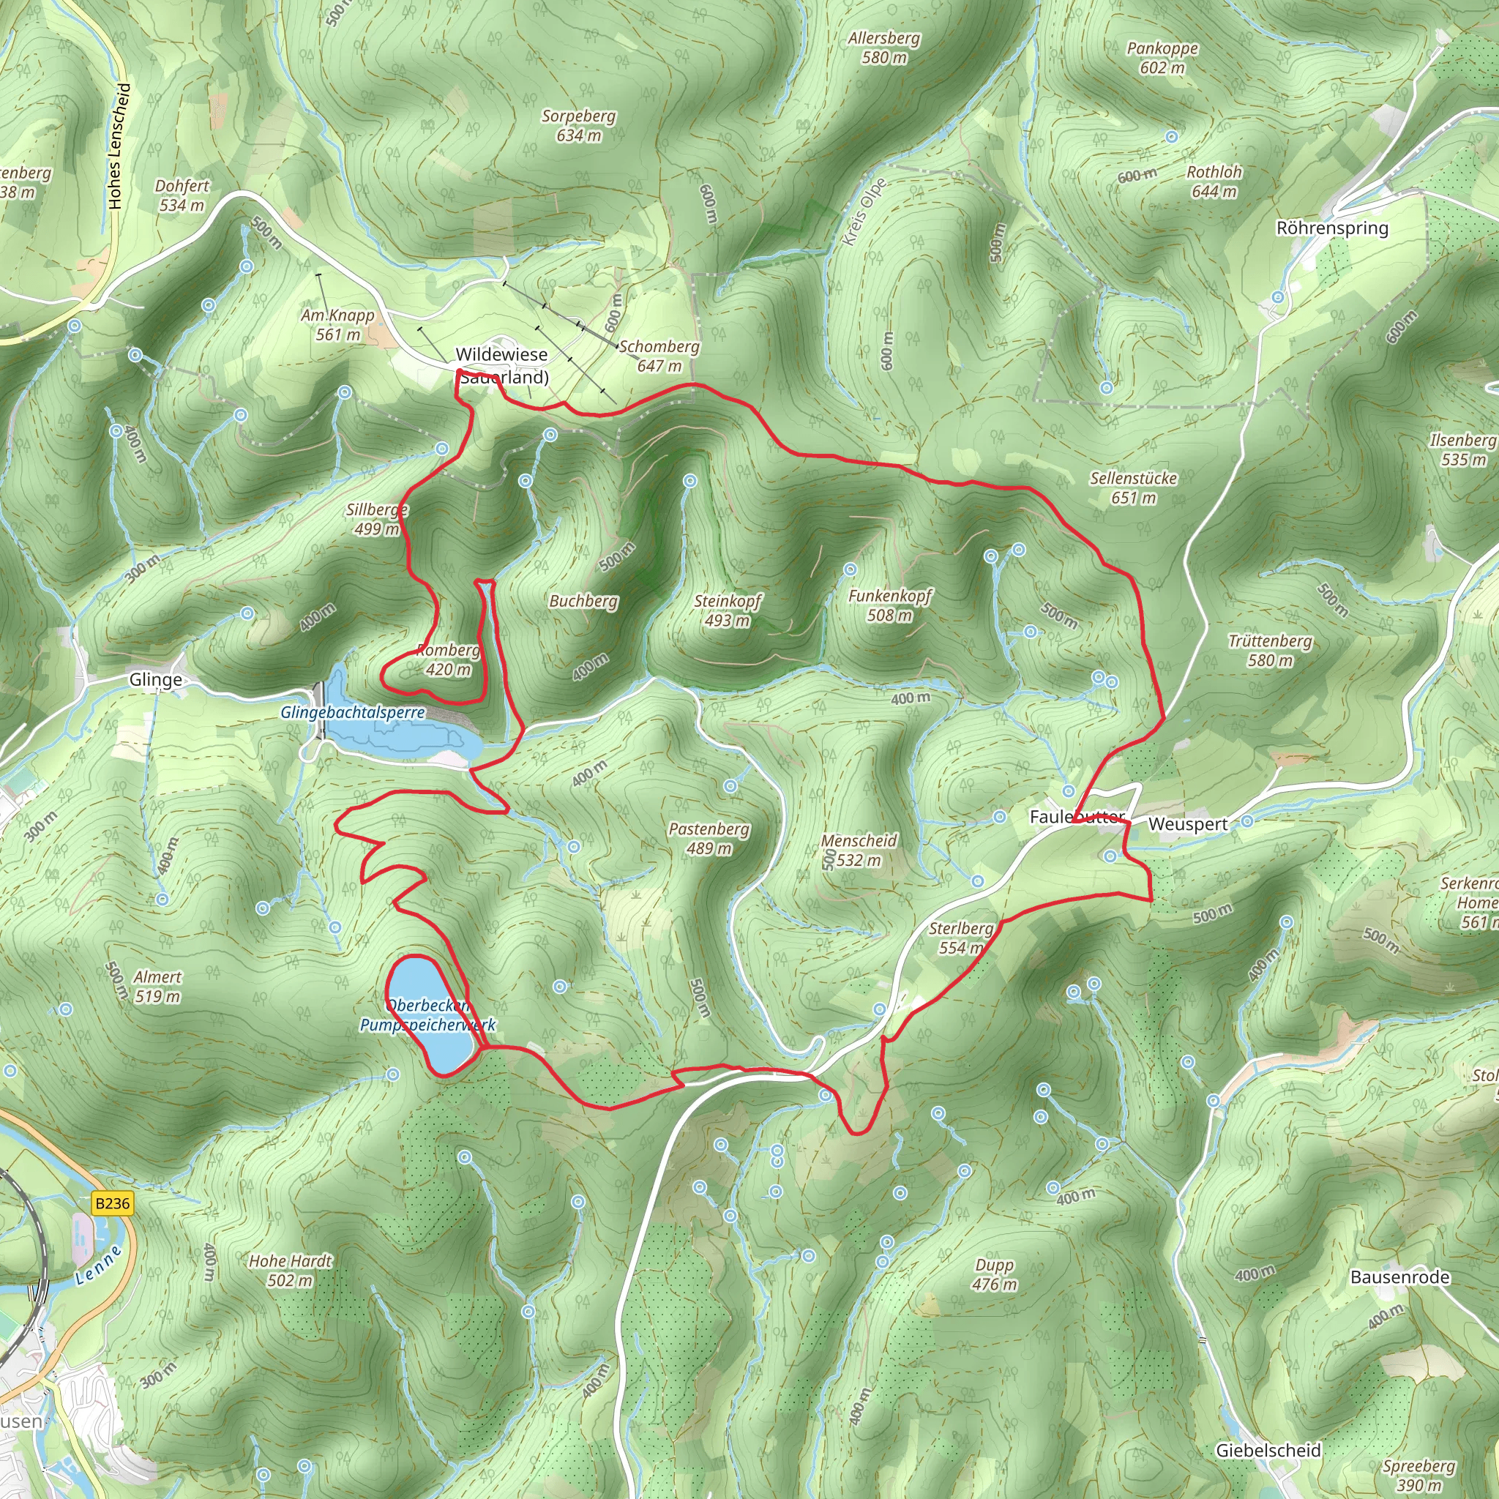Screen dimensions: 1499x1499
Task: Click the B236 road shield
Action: (112, 1203)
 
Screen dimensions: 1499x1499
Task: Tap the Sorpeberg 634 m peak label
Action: (579, 126)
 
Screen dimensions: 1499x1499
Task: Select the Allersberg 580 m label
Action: (883, 48)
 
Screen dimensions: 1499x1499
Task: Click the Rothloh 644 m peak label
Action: (1214, 182)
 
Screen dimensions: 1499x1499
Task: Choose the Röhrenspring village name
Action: (1332, 228)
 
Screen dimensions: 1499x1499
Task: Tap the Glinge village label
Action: (156, 680)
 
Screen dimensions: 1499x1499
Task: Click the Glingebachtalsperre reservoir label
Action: (352, 712)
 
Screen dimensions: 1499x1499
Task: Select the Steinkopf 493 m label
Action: (728, 610)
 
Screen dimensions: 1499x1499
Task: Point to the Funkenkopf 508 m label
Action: (890, 605)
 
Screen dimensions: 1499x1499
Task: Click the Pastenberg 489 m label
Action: (709, 838)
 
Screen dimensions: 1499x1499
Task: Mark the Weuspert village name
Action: (1188, 824)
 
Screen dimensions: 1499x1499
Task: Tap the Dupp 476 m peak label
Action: (994, 1274)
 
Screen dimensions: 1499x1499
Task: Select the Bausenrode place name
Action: (1399, 1276)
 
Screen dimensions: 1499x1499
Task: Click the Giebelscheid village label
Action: (1268, 1449)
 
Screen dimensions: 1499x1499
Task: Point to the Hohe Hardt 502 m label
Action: (290, 1271)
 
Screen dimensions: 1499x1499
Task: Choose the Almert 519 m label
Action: (157, 986)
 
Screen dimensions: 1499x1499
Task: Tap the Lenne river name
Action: (100, 1266)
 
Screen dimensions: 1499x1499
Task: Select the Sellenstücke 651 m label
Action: (1134, 487)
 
